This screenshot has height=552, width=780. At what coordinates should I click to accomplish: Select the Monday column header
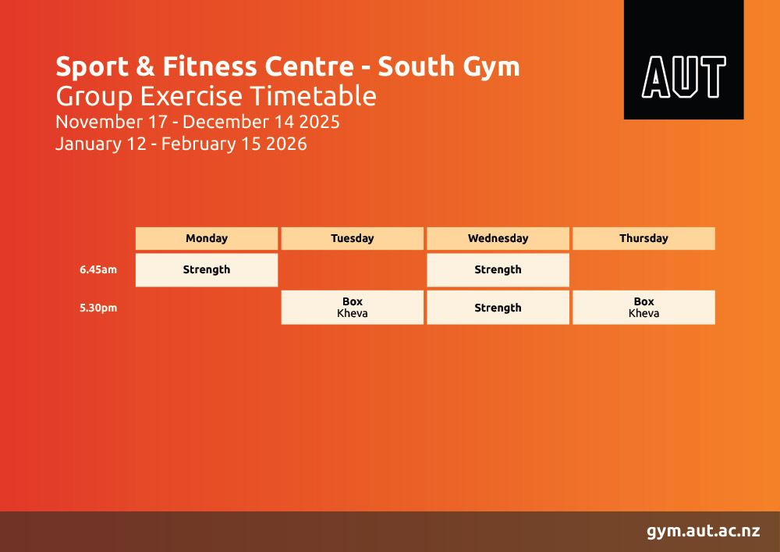point(207,238)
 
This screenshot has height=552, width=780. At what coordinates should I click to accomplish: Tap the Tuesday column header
point(353,238)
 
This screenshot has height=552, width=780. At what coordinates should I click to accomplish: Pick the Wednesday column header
point(498,238)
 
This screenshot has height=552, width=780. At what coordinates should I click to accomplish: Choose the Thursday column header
point(643,238)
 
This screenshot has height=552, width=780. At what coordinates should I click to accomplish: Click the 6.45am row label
point(98,270)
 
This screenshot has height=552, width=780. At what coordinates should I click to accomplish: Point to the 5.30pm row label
point(98,308)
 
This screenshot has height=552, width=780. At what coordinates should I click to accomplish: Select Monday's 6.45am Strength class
point(207,270)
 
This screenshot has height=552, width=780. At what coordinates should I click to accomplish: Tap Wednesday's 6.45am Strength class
point(498,270)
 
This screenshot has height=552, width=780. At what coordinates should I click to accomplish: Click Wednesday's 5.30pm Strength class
point(498,308)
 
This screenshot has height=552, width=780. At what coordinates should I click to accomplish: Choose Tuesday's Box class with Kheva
point(353,308)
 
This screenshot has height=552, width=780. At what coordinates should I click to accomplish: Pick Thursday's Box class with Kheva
point(643,308)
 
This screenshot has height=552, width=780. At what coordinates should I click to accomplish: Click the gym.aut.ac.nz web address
point(704,531)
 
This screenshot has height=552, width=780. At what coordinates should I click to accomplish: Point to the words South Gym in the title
point(448,67)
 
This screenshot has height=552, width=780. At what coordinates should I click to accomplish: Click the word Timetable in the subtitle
point(313,96)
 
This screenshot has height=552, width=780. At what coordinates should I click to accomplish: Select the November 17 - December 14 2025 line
point(197,122)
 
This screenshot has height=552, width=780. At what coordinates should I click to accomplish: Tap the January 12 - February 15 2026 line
point(181,144)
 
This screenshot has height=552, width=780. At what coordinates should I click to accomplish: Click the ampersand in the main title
point(145,66)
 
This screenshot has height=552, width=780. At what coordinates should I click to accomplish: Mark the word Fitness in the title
point(209,66)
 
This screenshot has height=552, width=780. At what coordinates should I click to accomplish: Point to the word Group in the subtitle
point(94,97)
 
